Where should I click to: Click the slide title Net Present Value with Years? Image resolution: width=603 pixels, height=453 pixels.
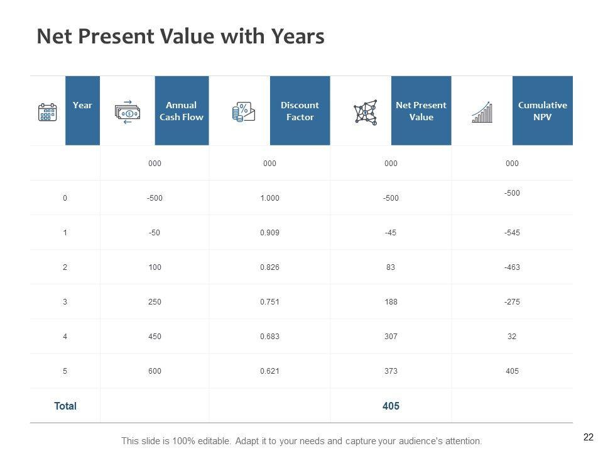[x=180, y=36]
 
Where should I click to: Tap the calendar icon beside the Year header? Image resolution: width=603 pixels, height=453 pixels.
[x=48, y=112]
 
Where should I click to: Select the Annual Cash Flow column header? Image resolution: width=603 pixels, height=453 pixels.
[x=182, y=111]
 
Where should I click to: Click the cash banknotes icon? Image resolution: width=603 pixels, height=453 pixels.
[x=128, y=112]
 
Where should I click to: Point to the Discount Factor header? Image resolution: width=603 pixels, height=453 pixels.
[x=300, y=111]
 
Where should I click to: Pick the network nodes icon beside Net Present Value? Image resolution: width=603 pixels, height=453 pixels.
[x=366, y=112]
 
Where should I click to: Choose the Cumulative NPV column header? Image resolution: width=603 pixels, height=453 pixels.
[x=542, y=111]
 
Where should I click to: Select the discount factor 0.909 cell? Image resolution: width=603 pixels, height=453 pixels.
[x=269, y=232]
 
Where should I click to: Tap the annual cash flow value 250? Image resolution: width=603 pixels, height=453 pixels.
[x=155, y=301]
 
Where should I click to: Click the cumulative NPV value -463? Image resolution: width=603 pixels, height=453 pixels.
[x=512, y=267]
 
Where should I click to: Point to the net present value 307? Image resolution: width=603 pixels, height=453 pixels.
[x=391, y=336]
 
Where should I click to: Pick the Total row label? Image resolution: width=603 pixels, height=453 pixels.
[x=65, y=406]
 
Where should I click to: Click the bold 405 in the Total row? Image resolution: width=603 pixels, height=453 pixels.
[x=391, y=406]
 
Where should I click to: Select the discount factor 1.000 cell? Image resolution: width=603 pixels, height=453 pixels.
[x=269, y=198]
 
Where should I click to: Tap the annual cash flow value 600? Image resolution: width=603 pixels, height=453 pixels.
[x=155, y=371]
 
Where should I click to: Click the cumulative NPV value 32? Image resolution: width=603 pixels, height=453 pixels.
[x=512, y=336]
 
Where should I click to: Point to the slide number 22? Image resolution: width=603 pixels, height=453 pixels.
[x=589, y=437]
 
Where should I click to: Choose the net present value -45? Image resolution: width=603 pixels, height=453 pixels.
[x=391, y=232]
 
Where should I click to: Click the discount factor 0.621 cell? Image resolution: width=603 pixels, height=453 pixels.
[x=269, y=371]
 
